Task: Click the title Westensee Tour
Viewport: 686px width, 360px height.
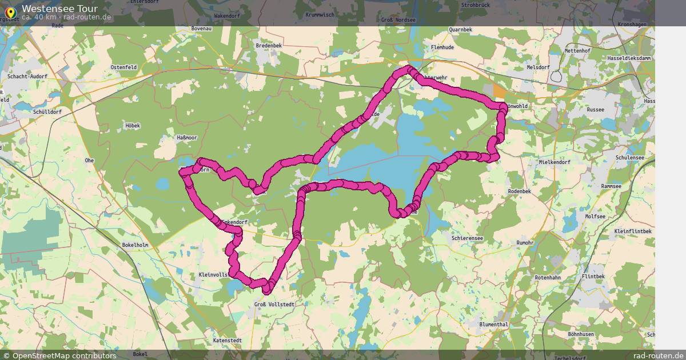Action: coord(59,9)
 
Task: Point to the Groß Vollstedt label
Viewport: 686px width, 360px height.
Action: coord(274,305)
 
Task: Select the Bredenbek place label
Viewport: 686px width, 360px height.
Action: coord(269,45)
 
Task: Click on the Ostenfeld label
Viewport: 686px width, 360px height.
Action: coord(123,67)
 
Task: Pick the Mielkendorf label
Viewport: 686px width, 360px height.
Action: coord(555,162)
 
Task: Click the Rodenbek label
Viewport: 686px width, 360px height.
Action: coord(520,191)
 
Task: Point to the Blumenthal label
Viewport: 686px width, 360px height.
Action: coord(494,324)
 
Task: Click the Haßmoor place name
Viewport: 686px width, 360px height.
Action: coord(187,138)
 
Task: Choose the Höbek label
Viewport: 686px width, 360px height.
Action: coord(133,125)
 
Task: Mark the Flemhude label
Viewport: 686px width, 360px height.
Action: coord(442,47)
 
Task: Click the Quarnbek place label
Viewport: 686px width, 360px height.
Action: coord(461,29)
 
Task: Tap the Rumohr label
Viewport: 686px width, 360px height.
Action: coord(525,243)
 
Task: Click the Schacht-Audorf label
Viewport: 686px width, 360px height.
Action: coord(27,76)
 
